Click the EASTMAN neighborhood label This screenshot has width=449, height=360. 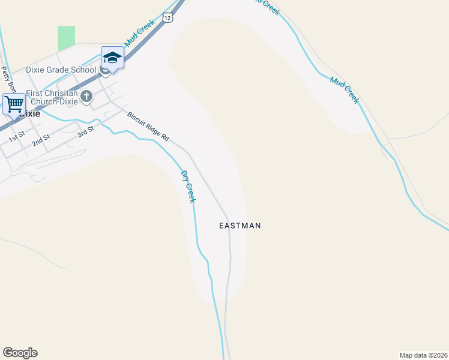[240, 226]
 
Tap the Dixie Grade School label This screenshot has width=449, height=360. [61, 70]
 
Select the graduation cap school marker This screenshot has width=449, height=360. [112, 58]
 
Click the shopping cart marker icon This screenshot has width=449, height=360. [13, 103]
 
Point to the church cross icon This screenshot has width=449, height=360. [86, 96]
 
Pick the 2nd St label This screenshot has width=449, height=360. [41, 140]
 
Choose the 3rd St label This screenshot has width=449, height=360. [86, 131]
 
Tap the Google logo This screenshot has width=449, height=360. [20, 353]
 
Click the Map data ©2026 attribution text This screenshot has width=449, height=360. [423, 355]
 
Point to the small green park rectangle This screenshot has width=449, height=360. [67, 38]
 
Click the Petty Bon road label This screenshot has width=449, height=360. [7, 81]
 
